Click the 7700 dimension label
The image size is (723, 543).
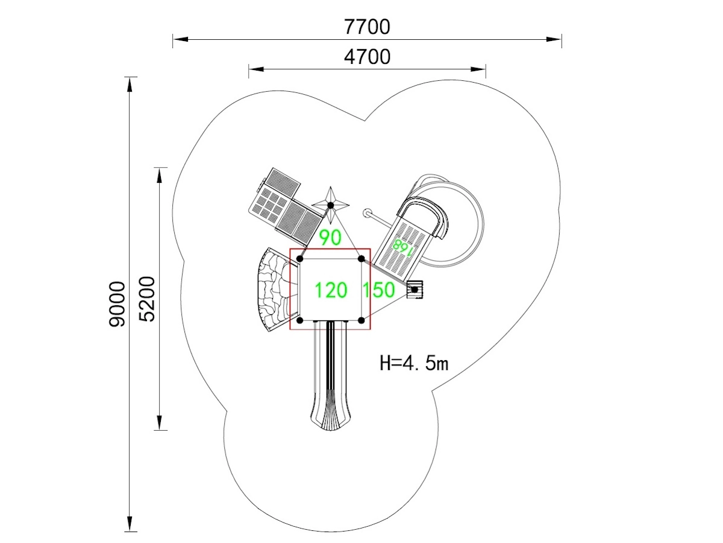[x=367, y=27]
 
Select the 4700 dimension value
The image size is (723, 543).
[x=367, y=57]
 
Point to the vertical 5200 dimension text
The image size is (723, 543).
[x=146, y=299]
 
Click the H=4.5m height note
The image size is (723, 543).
[x=414, y=363]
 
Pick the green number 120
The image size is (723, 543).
[x=331, y=290]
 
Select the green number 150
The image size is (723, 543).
[x=378, y=290]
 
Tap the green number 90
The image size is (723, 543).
[x=330, y=238]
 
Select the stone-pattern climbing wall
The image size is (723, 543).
[x=272, y=290]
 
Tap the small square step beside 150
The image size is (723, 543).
[x=415, y=290]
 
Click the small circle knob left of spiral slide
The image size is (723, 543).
[x=367, y=213]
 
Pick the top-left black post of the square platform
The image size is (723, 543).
[x=300, y=259]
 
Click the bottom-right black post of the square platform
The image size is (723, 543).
[x=361, y=320]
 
